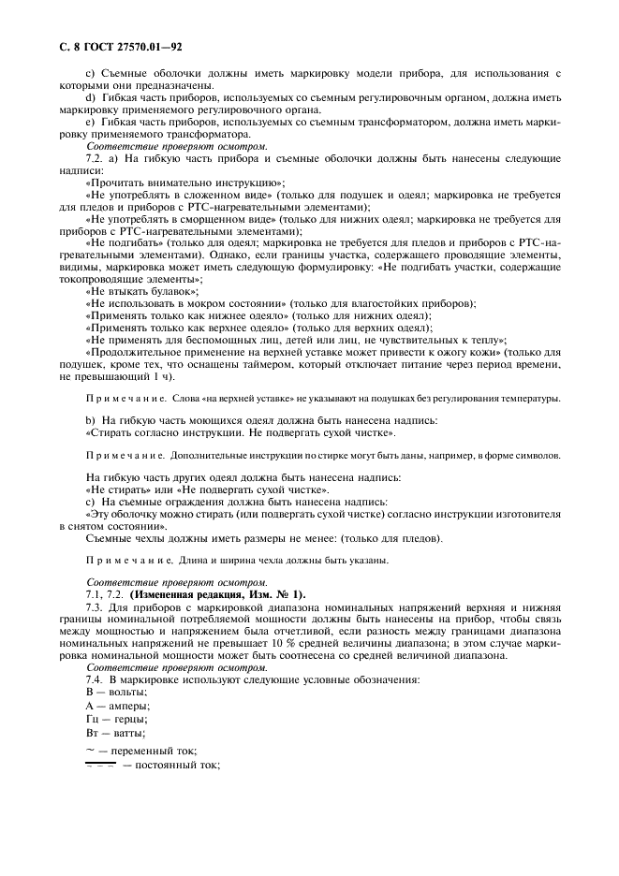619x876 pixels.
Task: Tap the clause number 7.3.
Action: coord(96,606)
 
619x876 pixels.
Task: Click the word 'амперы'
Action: coord(118,704)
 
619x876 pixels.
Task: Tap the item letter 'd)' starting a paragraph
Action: coord(91,97)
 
